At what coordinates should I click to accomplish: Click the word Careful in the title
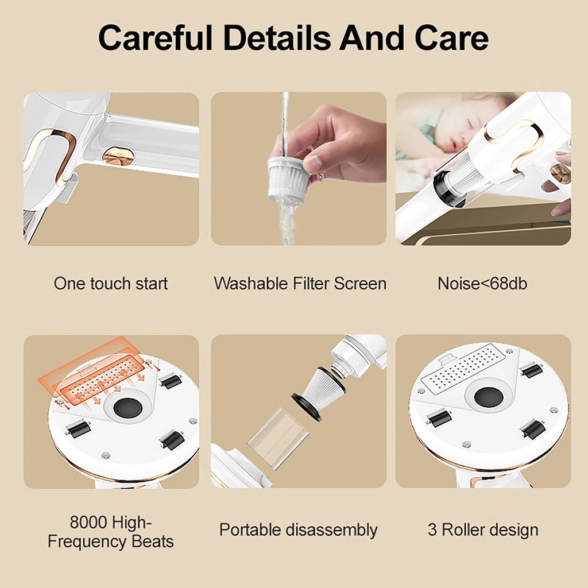(x=156, y=38)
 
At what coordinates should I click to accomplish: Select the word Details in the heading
(x=276, y=38)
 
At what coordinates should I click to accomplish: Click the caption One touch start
(x=111, y=284)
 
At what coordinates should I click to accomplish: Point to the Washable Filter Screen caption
(x=300, y=284)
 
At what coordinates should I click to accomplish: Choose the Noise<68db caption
(x=482, y=284)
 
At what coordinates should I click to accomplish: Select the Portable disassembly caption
(x=298, y=530)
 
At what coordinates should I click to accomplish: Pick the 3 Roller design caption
(x=483, y=530)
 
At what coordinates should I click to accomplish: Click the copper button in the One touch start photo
(x=118, y=155)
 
